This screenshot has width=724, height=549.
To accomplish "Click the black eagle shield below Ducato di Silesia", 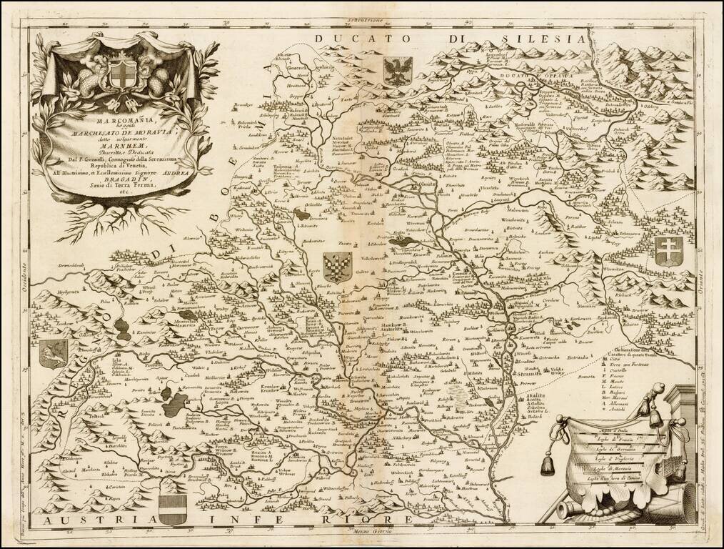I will (397, 72).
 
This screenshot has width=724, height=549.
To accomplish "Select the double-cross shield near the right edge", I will (670, 252).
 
